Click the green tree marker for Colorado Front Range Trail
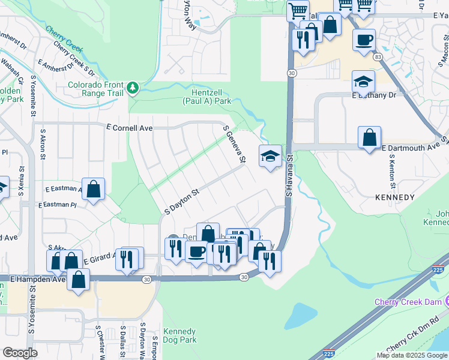tap(132, 89)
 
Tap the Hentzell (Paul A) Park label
tap(206, 97)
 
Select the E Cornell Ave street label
tap(129, 128)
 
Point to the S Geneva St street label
tap(235, 145)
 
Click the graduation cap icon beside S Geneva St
tap(270, 157)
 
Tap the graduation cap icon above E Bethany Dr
tap(363, 81)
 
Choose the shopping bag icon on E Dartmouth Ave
tap(369, 137)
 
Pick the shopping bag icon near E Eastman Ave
tap(94, 189)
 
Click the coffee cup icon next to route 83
tap(363, 40)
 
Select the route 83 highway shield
tap(377, 56)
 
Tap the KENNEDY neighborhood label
tap(394, 197)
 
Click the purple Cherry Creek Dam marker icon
tap(447, 301)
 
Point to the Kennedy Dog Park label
tap(179, 335)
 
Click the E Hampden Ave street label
tap(37, 279)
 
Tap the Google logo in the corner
tap(19, 352)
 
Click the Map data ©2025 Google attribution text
tap(412, 355)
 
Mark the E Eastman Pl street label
tap(58, 205)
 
